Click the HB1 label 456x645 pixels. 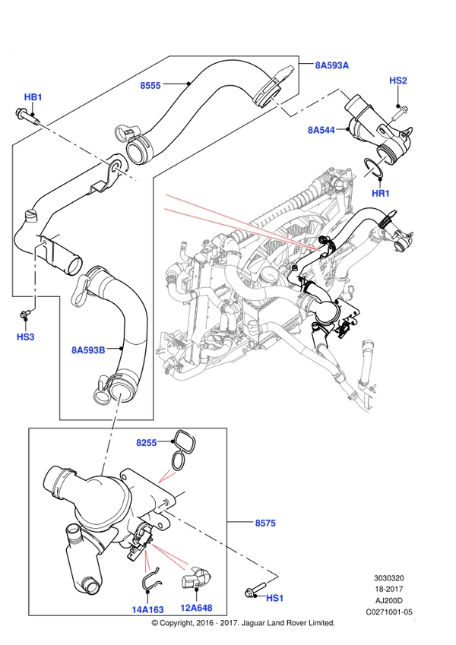[x=33, y=97]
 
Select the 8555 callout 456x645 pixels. [x=150, y=86]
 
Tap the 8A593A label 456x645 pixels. [x=332, y=65]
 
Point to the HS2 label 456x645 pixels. [x=398, y=81]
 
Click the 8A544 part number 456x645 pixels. [x=321, y=130]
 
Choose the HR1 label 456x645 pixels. [x=381, y=194]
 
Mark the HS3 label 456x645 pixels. [x=25, y=337]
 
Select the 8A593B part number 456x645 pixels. [x=88, y=350]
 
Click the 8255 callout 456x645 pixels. [x=146, y=443]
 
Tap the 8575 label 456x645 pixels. [x=265, y=523]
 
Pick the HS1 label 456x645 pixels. [x=274, y=599]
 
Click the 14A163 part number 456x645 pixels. [x=147, y=609]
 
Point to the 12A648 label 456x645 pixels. [x=196, y=608]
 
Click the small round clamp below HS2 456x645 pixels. [x=390, y=122]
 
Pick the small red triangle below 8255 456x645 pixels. [x=165, y=476]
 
